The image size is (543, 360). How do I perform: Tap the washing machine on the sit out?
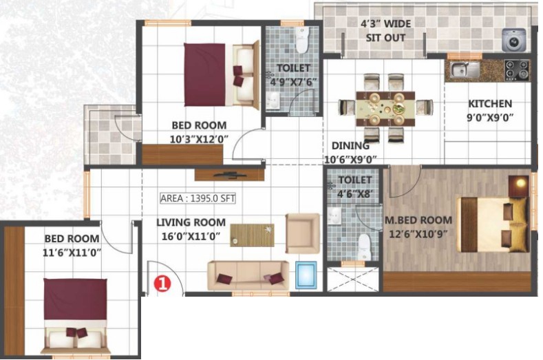click(514, 40)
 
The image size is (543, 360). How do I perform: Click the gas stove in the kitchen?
click(517, 70)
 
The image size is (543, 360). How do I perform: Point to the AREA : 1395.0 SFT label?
click(198, 198)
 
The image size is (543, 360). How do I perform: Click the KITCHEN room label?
click(490, 104)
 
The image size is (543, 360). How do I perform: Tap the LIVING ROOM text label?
click(191, 222)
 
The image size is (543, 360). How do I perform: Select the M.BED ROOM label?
click(418, 220)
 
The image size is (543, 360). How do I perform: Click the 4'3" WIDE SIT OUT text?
click(385, 30)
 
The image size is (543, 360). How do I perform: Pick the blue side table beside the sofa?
click(306, 275)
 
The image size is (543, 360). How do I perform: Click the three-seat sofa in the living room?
click(248, 275)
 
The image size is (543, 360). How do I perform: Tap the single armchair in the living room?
click(302, 233)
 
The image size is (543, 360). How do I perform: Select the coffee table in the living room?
click(252, 235)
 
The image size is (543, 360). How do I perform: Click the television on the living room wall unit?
click(230, 175)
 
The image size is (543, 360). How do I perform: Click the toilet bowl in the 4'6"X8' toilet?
click(364, 246)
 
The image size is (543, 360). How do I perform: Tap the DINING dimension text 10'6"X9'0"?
click(350, 160)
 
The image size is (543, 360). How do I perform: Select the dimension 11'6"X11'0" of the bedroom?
click(72, 253)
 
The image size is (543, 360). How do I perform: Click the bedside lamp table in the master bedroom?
click(519, 187)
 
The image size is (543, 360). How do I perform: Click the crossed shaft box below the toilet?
click(352, 279)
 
